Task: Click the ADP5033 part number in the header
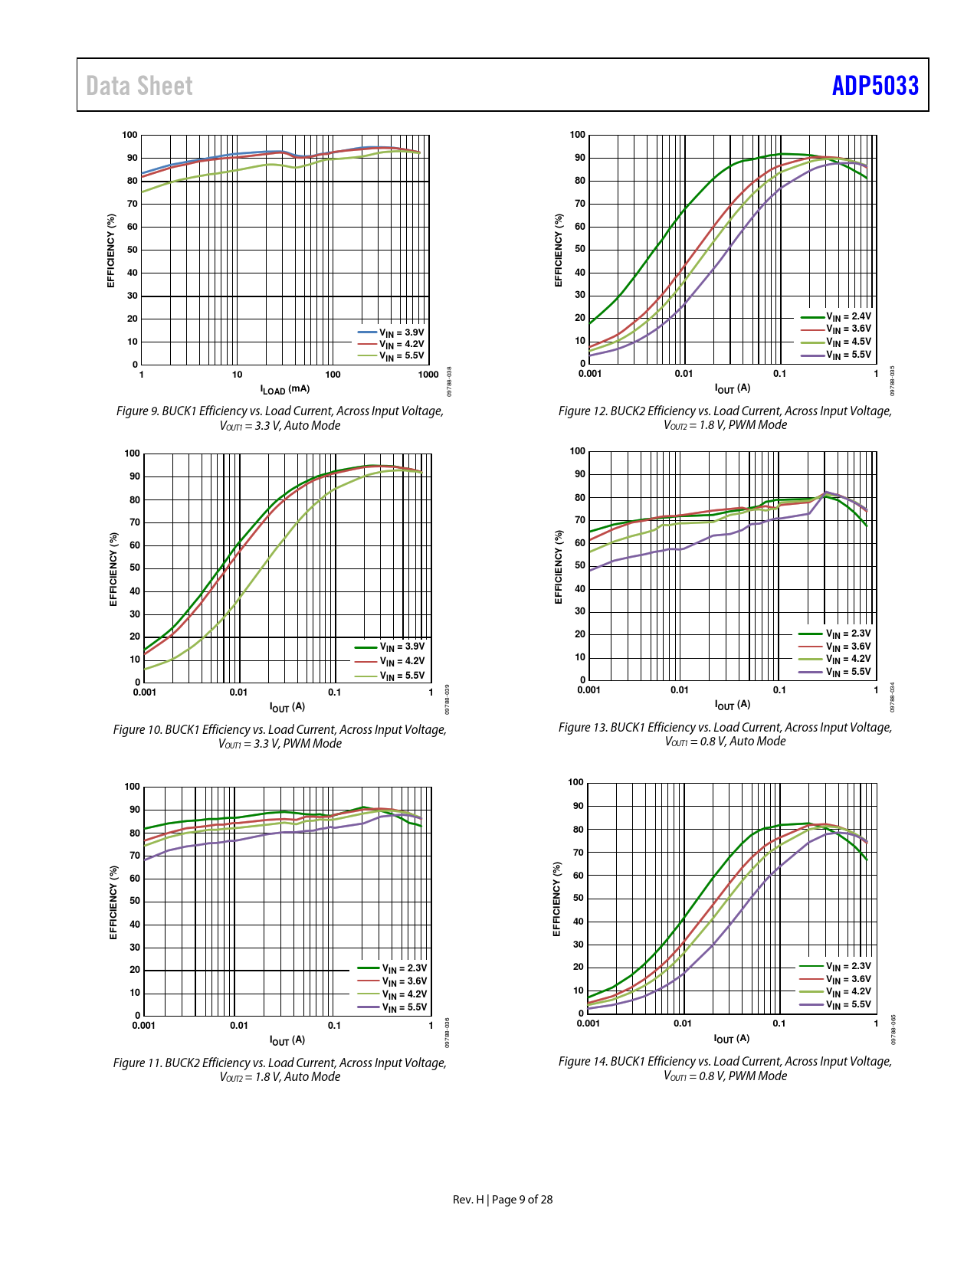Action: (x=875, y=85)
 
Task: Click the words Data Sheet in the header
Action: (x=139, y=86)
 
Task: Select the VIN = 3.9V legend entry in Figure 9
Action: (x=401, y=332)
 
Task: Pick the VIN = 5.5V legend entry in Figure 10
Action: (x=402, y=676)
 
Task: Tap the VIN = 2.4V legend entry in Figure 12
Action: (x=848, y=316)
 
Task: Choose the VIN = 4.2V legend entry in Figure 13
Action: (x=848, y=659)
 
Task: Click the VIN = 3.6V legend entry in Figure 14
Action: (x=848, y=979)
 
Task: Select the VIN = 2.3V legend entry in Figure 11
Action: (x=404, y=968)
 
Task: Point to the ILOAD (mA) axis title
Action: (x=284, y=389)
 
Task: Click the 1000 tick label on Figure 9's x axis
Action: (x=428, y=375)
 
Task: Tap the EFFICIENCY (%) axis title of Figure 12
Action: (x=559, y=251)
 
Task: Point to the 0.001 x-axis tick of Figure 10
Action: (x=145, y=693)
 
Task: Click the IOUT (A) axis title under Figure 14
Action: (x=732, y=1039)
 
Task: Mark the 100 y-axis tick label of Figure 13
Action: (x=578, y=451)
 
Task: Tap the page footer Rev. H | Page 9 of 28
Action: (x=503, y=1200)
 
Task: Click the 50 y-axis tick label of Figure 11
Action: (x=135, y=901)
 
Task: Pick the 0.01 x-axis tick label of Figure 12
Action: (x=684, y=374)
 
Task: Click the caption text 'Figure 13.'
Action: (x=582, y=728)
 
